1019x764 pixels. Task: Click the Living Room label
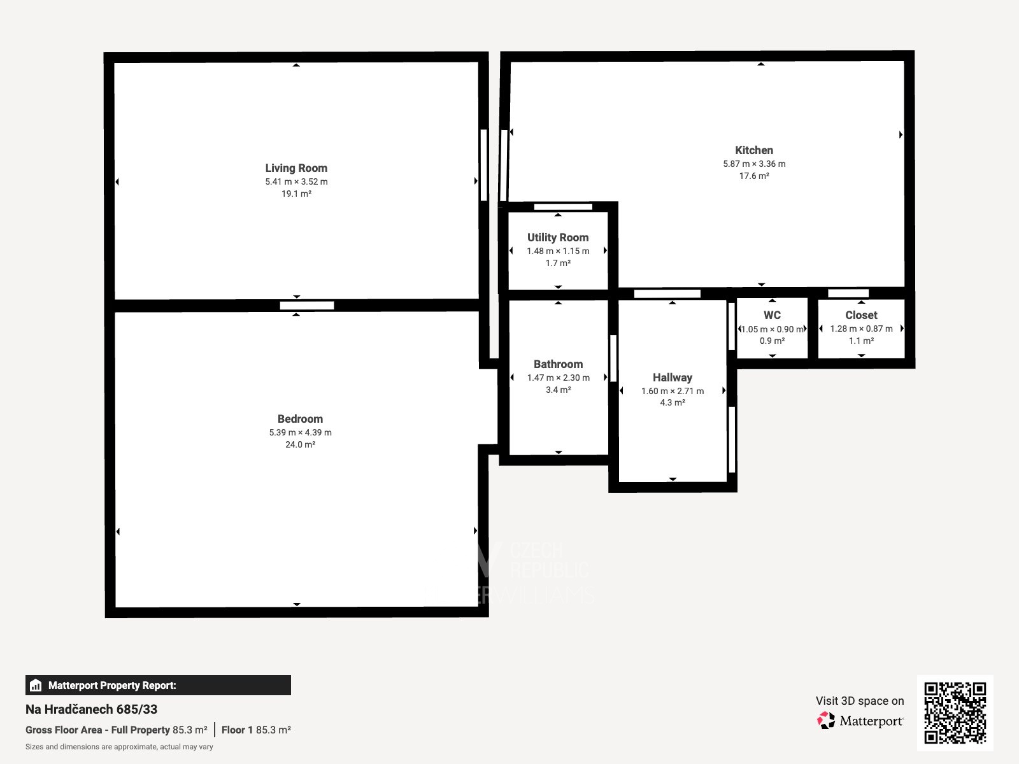click(296, 168)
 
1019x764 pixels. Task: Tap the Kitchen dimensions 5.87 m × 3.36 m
click(754, 164)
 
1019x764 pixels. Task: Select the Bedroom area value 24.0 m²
click(300, 444)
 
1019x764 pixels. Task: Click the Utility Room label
click(558, 237)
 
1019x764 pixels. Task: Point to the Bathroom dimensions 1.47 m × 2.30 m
click(558, 378)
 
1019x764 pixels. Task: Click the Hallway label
click(672, 378)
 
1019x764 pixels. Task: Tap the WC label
click(772, 315)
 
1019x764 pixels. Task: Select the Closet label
click(861, 315)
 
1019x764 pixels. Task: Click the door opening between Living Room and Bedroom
click(307, 306)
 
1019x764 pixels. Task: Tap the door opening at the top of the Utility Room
click(563, 206)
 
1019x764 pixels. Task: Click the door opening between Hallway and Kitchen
click(667, 294)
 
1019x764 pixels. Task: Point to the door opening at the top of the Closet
click(848, 293)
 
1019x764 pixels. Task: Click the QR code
click(955, 712)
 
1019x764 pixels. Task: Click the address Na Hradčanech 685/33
click(91, 709)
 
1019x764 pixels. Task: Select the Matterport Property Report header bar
click(158, 685)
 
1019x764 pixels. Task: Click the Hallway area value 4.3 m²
click(672, 402)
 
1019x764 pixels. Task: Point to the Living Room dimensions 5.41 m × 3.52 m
click(296, 181)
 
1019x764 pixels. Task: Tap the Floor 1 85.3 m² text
click(256, 730)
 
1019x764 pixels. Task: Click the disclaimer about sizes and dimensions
click(119, 747)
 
